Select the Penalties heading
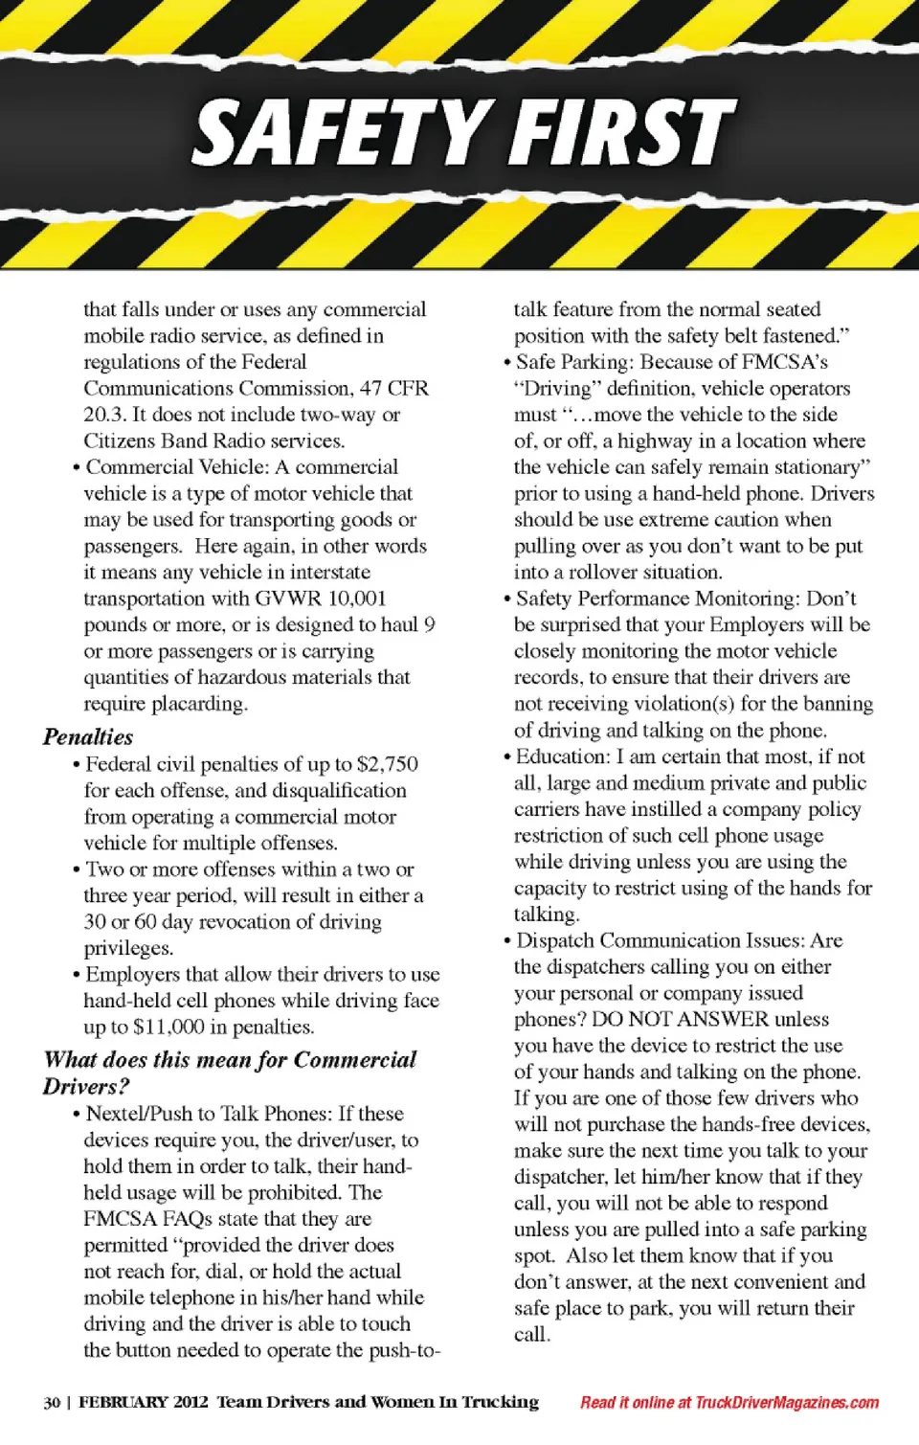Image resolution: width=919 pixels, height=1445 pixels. (x=88, y=736)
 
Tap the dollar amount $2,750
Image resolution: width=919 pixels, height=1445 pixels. (x=387, y=764)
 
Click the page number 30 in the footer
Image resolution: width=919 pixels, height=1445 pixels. (x=52, y=1403)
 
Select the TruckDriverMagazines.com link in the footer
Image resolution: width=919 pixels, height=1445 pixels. (x=787, y=1403)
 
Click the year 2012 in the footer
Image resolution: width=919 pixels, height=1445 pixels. (x=191, y=1403)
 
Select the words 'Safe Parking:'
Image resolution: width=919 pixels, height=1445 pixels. (x=575, y=362)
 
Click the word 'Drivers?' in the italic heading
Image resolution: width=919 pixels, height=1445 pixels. (x=86, y=1087)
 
